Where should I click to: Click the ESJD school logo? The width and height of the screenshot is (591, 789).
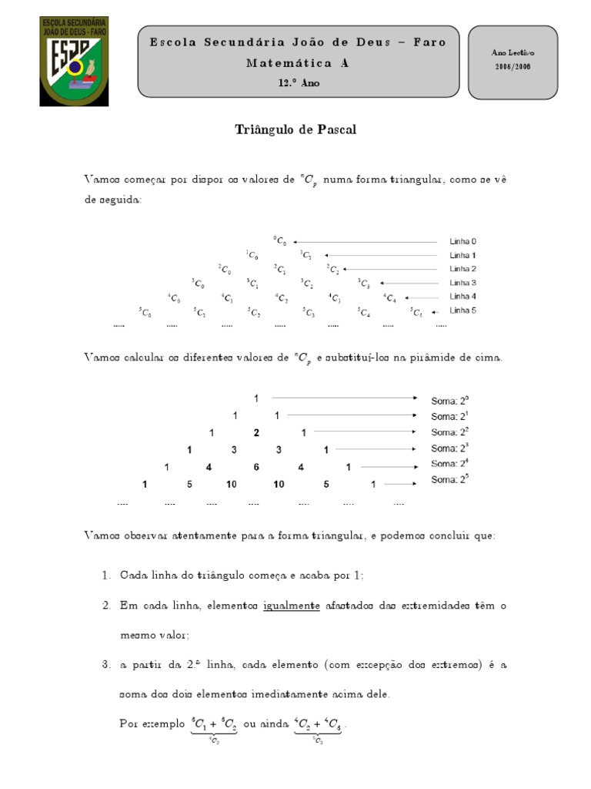point(74,61)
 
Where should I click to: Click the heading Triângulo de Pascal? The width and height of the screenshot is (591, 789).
point(295,129)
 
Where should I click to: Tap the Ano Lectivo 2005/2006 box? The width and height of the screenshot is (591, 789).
point(513,61)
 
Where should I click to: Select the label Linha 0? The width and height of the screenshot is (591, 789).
point(462,241)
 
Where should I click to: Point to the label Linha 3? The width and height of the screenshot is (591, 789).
point(462,283)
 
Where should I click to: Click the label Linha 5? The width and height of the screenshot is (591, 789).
point(462,311)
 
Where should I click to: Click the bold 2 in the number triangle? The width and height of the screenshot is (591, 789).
point(256,432)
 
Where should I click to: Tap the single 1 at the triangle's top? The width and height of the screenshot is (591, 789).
point(255,398)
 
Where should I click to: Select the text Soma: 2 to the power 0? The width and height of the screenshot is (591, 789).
point(449,400)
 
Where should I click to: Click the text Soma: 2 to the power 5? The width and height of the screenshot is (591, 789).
point(449,480)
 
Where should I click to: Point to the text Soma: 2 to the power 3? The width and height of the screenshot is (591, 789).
point(449,448)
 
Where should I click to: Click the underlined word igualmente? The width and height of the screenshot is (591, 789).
point(292,606)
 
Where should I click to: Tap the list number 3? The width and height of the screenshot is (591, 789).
point(106,663)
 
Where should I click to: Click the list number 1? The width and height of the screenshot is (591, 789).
point(106,576)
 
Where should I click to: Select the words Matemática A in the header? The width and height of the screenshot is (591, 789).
point(297,63)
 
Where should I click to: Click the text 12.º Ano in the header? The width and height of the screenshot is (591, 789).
point(299,83)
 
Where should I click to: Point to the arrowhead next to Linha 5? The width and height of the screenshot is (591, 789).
point(435,311)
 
